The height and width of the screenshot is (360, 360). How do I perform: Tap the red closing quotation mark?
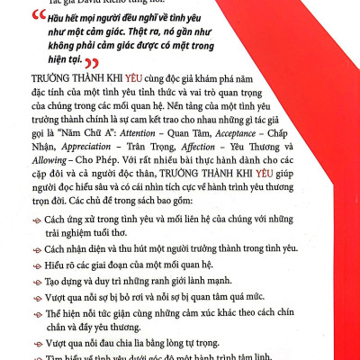pyautogui.click(x=88, y=63)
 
